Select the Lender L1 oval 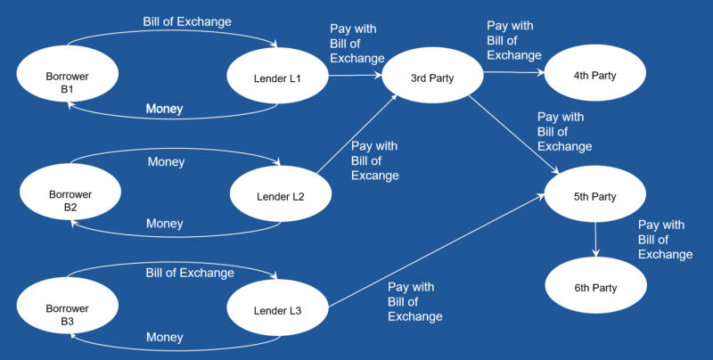click(x=278, y=78)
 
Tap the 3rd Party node click(x=432, y=78)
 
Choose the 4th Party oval click(x=594, y=75)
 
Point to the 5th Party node click(x=594, y=196)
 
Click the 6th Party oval click(x=594, y=287)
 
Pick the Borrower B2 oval click(x=70, y=200)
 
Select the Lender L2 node click(x=281, y=196)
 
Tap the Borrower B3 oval click(x=67, y=315)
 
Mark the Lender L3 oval click(x=278, y=310)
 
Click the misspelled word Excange click(x=374, y=176)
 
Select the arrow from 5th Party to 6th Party click(x=595, y=241)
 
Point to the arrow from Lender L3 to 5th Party click(x=437, y=251)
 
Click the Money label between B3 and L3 click(x=164, y=338)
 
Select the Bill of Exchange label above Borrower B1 click(x=187, y=20)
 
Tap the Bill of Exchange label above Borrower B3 click(x=190, y=273)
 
